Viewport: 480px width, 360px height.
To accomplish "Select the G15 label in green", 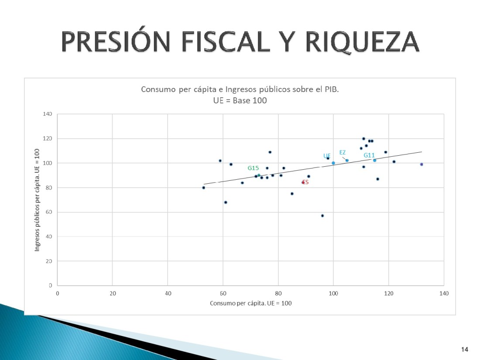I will (254, 168).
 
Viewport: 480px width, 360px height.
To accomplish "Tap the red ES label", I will (305, 182).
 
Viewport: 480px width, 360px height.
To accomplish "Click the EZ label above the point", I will (343, 152).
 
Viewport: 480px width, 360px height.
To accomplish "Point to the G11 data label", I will (369, 155).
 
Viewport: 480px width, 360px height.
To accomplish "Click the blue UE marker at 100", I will (333, 163).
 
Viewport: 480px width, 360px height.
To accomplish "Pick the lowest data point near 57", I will (322, 216).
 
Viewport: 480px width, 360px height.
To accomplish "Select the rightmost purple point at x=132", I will (422, 165).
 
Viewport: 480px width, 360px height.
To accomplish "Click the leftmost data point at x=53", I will (204, 188).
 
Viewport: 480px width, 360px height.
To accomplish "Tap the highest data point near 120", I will (363, 139).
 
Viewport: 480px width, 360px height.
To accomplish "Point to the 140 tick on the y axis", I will (48, 114).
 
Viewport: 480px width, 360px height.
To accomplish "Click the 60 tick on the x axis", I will (223, 293).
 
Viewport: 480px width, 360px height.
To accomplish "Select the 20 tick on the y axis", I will (49, 261).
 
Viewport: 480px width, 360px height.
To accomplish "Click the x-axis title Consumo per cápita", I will (250, 303).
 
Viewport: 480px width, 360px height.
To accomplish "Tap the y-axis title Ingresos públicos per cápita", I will (38, 200).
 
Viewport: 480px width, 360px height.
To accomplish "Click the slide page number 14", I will (464, 349).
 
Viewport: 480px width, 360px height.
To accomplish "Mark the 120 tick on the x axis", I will (388, 293).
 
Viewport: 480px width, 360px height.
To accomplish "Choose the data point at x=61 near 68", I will (226, 202).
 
